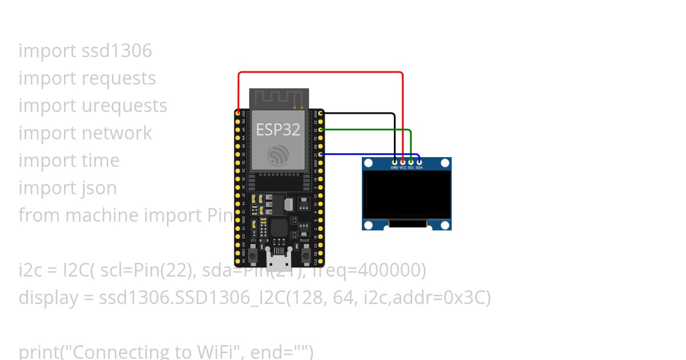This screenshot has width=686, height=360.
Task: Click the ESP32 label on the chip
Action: pos(278,130)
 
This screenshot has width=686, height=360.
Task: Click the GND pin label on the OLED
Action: pos(394,168)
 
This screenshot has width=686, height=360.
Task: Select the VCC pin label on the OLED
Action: pos(402,168)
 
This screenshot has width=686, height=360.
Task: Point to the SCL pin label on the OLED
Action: pos(410,168)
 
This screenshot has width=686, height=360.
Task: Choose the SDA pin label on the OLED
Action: pos(419,168)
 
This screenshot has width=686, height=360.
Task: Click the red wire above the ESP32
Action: pos(320,72)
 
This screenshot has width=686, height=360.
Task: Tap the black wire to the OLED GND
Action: pos(360,114)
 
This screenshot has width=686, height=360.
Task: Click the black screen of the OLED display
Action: pos(407,194)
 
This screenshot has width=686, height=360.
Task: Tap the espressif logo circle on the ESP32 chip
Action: pos(278,155)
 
